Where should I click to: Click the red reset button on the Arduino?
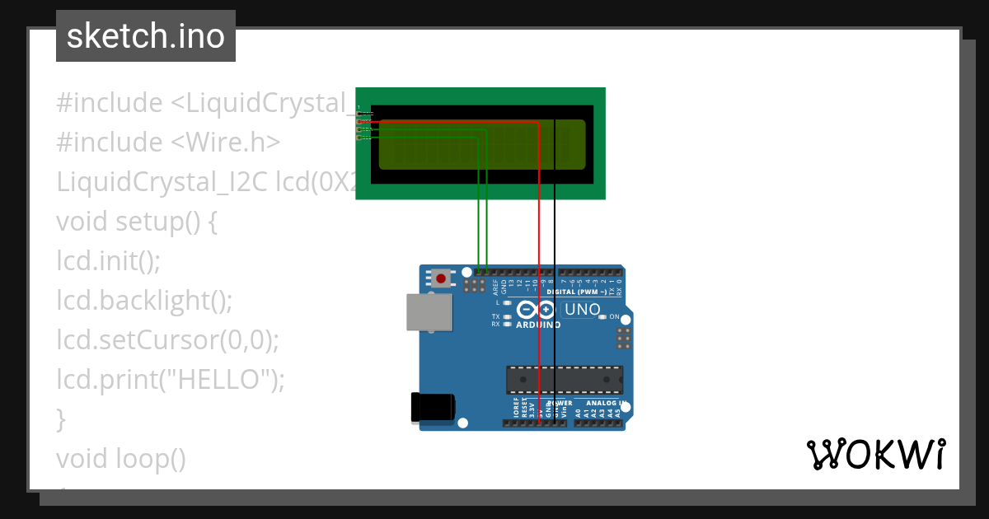442,278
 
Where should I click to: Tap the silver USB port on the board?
429,313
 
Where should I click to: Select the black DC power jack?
432,407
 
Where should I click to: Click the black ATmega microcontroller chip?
564,380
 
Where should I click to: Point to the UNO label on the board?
583,310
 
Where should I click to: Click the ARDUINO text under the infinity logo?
538,325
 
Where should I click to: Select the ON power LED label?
614,316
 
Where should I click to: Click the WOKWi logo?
876,454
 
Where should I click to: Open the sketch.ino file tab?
146,36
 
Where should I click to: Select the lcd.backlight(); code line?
145,300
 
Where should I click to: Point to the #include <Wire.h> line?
168,143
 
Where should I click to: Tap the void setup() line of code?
137,222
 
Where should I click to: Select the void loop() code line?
121,458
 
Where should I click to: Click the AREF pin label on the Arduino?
495,287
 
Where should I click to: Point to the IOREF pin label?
516,408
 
